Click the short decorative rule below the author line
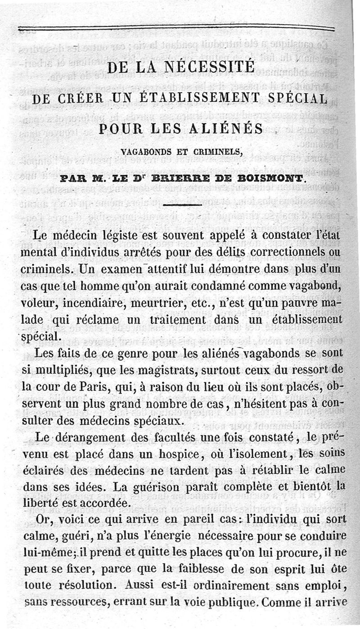click(181, 205)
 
